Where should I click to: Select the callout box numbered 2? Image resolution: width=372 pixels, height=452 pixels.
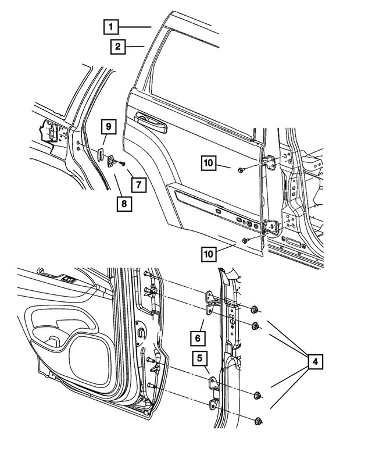118,47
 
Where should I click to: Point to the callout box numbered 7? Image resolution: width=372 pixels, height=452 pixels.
138,185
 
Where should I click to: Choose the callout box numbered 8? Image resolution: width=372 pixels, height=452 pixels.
123,204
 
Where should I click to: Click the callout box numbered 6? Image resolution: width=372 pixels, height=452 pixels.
198,338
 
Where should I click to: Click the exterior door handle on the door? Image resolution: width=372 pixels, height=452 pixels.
151,120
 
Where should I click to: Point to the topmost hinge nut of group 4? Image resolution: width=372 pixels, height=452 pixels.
256,309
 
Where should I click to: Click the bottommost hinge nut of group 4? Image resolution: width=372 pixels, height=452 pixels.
258,421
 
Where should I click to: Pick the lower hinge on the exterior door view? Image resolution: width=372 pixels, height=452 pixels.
271,228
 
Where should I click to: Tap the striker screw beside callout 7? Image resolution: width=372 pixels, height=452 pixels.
123,165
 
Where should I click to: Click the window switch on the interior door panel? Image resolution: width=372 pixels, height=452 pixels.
69,279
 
